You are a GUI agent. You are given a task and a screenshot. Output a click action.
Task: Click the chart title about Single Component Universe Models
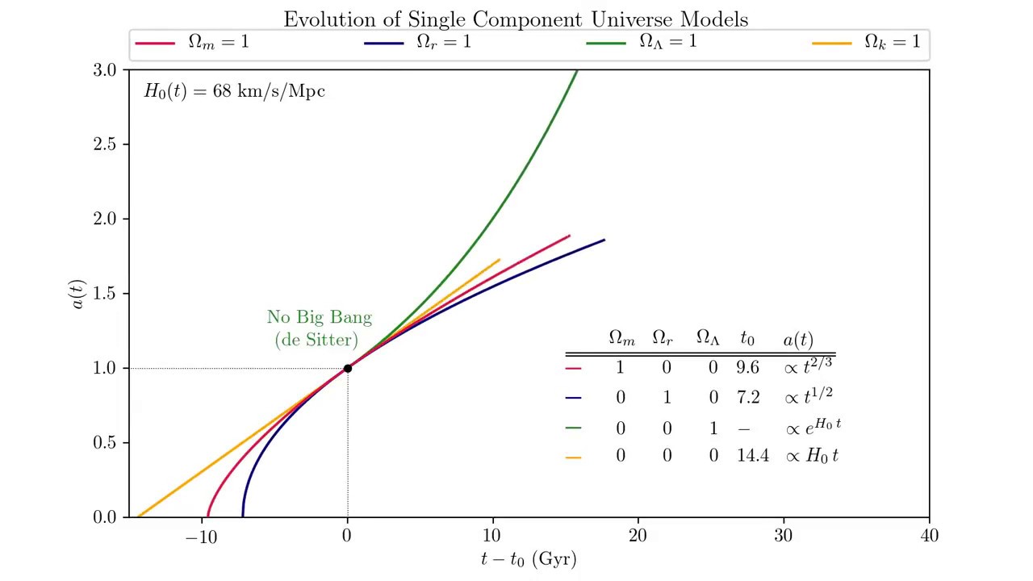pyautogui.click(x=516, y=19)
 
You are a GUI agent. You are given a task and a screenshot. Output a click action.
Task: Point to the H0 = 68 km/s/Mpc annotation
pyautogui.click(x=234, y=91)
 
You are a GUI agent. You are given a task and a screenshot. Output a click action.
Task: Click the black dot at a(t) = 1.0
pyautogui.click(x=348, y=368)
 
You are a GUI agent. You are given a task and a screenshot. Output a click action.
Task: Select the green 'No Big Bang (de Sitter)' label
pyautogui.click(x=320, y=328)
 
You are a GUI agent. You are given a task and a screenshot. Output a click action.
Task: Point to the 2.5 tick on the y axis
pyautogui.click(x=107, y=144)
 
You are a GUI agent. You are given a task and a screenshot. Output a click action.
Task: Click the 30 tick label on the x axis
pyautogui.click(x=783, y=536)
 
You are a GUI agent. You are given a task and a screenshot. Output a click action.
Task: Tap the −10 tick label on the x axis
pyautogui.click(x=201, y=536)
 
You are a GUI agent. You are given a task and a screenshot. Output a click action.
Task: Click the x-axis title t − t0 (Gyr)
pyautogui.click(x=529, y=558)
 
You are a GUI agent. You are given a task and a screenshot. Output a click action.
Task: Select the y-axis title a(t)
pyautogui.click(x=77, y=295)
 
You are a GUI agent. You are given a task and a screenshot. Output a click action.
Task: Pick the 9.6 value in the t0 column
pyautogui.click(x=747, y=368)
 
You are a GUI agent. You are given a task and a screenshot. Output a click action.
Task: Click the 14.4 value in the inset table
pyautogui.click(x=752, y=456)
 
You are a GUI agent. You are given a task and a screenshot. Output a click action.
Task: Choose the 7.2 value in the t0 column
pyautogui.click(x=747, y=397)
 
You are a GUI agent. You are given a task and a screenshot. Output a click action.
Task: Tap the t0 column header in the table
pyautogui.click(x=747, y=340)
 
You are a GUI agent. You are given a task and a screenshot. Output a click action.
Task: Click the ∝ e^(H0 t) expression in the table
pyautogui.click(x=813, y=427)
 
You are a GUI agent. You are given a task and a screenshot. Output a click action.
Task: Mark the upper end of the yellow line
pyautogui.click(x=500, y=260)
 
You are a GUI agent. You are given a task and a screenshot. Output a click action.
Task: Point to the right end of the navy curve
pyautogui.click(x=604, y=240)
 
